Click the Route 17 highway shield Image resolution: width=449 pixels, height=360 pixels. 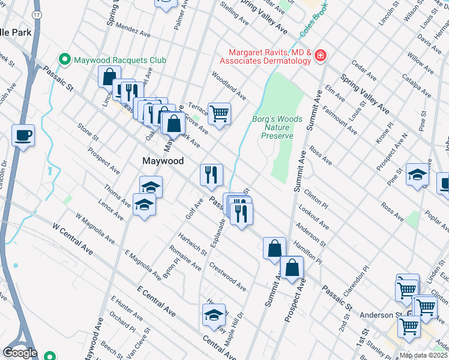pyautogui.click(x=37, y=13)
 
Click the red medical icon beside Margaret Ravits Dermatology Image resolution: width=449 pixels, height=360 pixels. pyautogui.click(x=321, y=56)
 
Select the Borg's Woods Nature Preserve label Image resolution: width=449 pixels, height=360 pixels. pyautogui.click(x=277, y=127)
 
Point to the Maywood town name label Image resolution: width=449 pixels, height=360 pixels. pyautogui.click(x=162, y=161)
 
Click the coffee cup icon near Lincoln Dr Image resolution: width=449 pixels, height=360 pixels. pyautogui.click(x=23, y=136)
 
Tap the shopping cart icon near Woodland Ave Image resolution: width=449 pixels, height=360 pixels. pyautogui.click(x=219, y=112)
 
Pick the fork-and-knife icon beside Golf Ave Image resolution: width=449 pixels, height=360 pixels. pyautogui.click(x=211, y=175)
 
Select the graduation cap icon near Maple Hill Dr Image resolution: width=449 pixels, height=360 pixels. pyautogui.click(x=214, y=314)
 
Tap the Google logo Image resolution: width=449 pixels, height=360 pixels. pyautogui.click(x=20, y=353)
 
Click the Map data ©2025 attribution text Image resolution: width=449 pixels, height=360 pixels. pyautogui.click(x=424, y=355)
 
